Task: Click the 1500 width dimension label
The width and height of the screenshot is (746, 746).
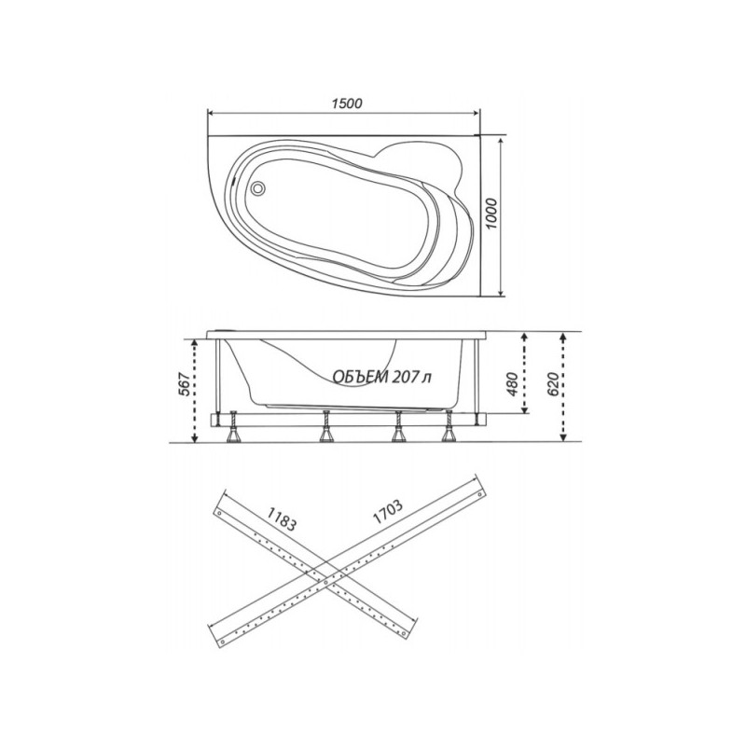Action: tap(346, 103)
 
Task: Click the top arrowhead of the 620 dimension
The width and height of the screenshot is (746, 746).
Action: tap(565, 335)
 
